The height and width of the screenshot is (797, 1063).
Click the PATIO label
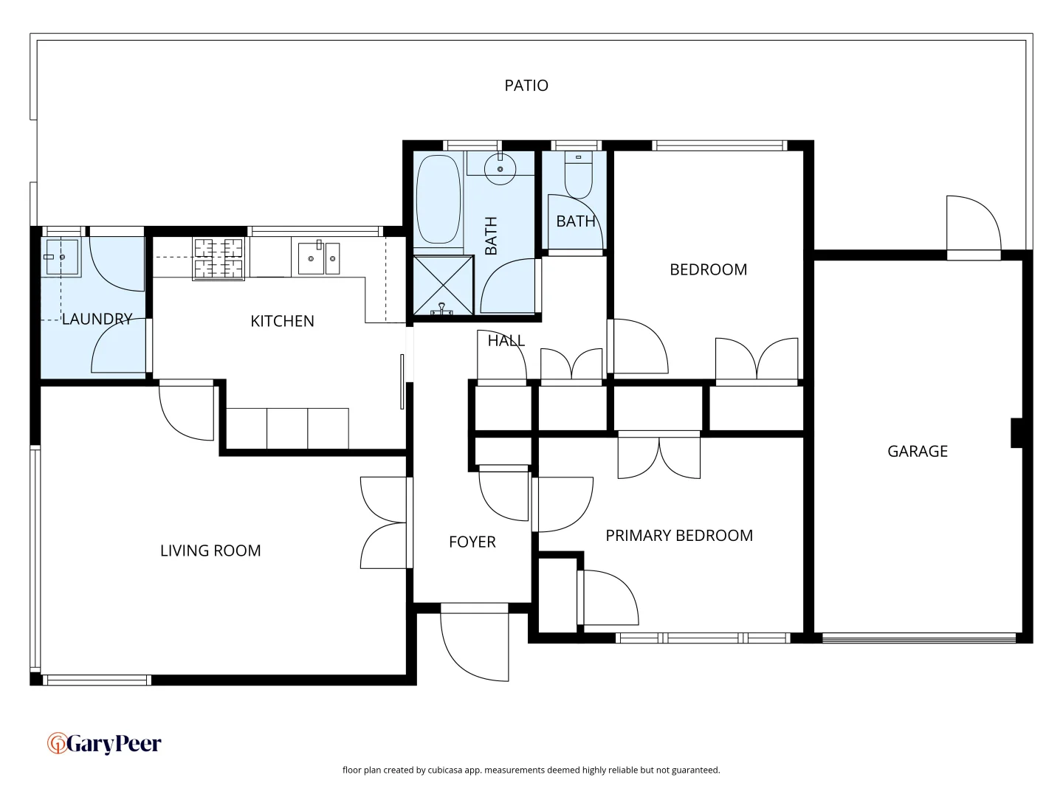coord(526,86)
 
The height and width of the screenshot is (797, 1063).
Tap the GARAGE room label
coord(917,451)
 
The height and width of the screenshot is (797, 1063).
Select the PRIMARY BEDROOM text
coord(678,536)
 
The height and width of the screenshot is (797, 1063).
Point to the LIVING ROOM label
coord(210,551)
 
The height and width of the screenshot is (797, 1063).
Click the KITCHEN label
coord(282,321)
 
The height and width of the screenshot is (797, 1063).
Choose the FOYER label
coord(472,542)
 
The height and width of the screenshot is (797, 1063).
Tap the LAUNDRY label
coord(97,319)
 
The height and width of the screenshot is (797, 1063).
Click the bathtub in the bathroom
coord(438,199)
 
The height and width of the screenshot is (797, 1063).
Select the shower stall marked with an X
coord(442,285)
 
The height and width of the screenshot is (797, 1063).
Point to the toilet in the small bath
coord(578,175)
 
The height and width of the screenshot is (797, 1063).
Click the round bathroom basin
coord(500,170)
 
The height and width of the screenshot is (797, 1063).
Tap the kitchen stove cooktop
coord(219,258)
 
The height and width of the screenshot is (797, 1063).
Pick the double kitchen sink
coord(319,258)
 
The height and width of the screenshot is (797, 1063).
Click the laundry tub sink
coord(62,257)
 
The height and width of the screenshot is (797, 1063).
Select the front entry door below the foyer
coord(475,642)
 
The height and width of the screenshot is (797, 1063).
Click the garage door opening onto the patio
coord(974,225)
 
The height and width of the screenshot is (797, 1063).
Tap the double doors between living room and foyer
coord(383,522)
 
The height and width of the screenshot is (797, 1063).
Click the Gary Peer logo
coord(104,743)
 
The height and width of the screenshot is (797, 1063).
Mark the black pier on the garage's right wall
coord(1016,432)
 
